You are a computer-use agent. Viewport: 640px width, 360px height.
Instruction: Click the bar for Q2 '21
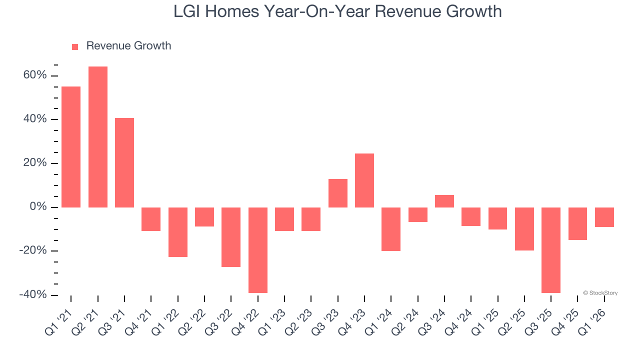(x=98, y=136)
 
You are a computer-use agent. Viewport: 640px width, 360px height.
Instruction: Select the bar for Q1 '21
(x=71, y=146)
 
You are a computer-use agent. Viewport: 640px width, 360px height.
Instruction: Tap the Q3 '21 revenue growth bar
(x=124, y=162)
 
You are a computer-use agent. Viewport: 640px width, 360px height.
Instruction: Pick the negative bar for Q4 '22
(x=258, y=250)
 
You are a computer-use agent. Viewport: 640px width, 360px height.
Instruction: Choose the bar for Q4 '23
(x=364, y=180)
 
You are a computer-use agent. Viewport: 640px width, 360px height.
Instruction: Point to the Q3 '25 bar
(x=551, y=250)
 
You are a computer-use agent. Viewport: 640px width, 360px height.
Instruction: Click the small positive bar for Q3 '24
(x=444, y=201)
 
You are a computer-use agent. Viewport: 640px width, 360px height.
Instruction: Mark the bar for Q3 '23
(x=338, y=193)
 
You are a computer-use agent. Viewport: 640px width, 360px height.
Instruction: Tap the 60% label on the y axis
(x=34, y=75)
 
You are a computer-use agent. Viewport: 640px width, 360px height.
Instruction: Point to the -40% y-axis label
(x=32, y=295)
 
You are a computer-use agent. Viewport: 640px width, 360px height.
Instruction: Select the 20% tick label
(x=34, y=163)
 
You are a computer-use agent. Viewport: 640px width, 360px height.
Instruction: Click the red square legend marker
(x=75, y=46)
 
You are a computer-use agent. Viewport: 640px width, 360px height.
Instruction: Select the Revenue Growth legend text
(x=128, y=46)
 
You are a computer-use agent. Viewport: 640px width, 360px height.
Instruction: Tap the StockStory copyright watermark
(x=600, y=293)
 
